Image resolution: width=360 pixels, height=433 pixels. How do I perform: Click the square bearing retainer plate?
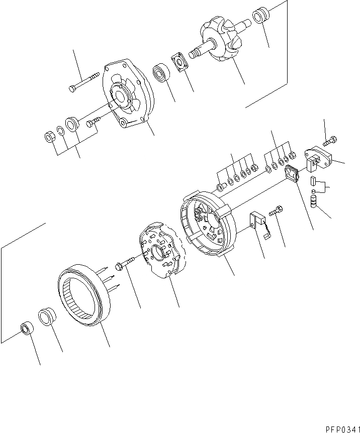tap(179, 61)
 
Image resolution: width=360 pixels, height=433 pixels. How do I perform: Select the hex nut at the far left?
tap(50, 136)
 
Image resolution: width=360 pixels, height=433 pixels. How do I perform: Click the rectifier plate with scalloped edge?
tap(161, 251)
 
